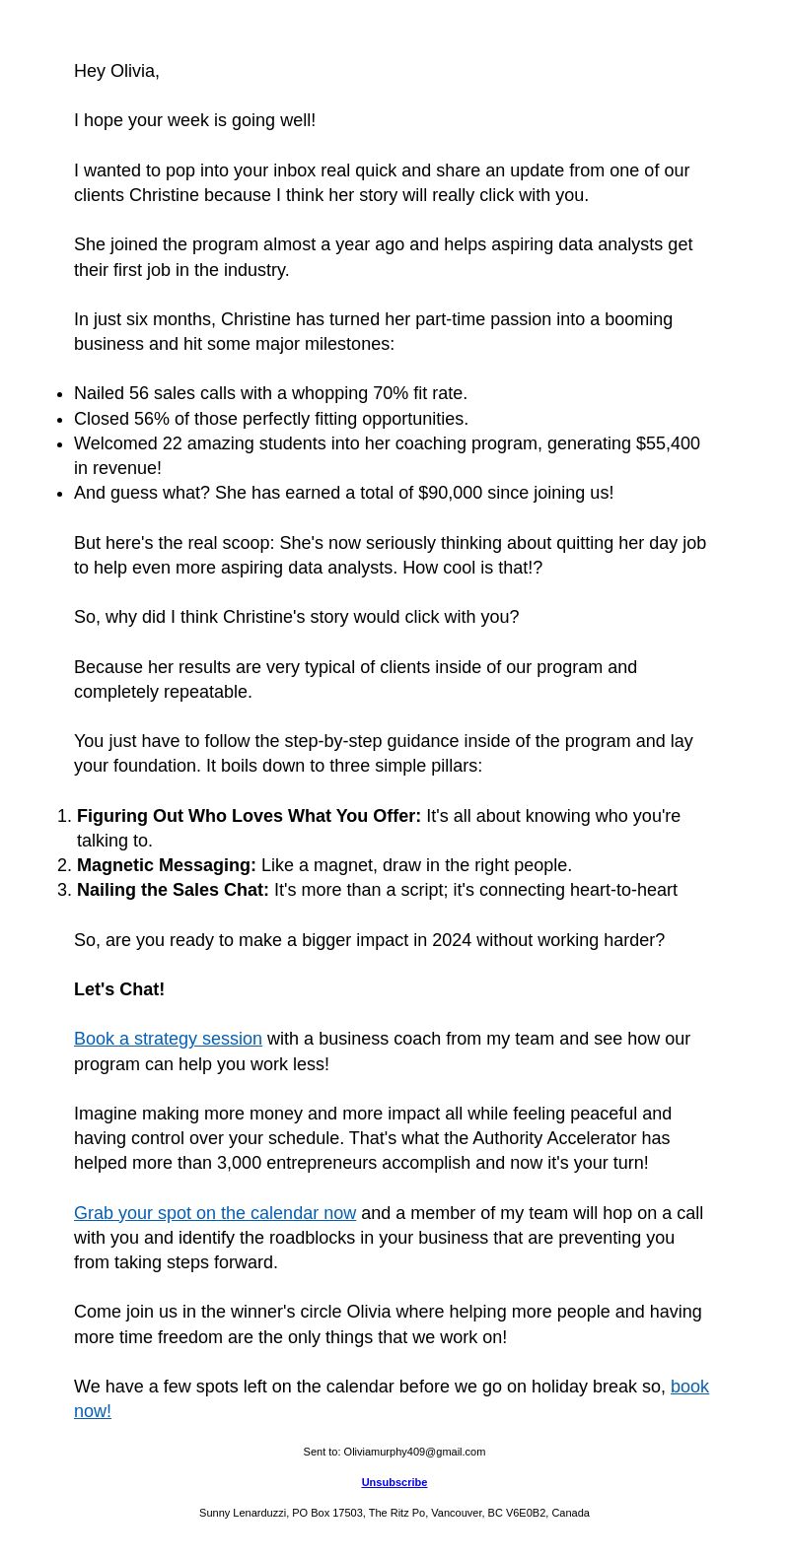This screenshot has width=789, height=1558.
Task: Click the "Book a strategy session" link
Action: pyautogui.click(x=168, y=1039)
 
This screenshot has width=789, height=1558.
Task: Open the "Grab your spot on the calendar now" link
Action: pyautogui.click(x=214, y=1213)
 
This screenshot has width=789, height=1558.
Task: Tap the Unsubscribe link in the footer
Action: pyautogui.click(x=394, y=1482)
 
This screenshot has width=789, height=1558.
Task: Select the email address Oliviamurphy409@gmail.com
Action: pyautogui.click(x=414, y=1452)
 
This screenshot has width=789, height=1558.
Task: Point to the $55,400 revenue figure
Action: pyautogui.click(x=668, y=443)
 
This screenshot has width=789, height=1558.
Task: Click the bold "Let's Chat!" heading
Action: pyautogui.click(x=119, y=989)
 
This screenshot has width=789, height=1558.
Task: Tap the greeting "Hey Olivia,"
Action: pyautogui.click(x=116, y=71)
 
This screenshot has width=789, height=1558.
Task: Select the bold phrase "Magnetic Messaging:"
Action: pyautogui.click(x=166, y=865)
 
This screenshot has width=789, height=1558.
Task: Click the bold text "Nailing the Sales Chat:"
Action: pyautogui.click(x=173, y=890)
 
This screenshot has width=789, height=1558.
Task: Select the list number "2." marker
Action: pyautogui.click(x=64, y=865)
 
